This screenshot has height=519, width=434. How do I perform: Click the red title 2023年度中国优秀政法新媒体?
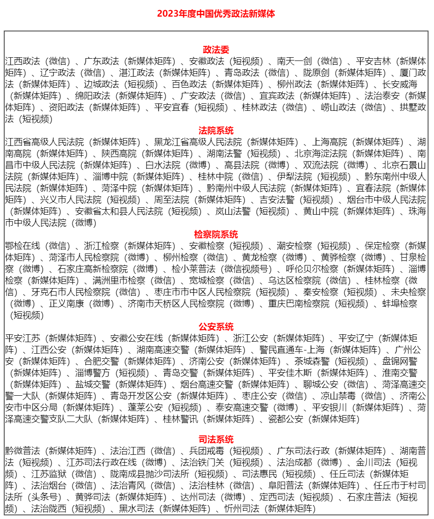(x=216, y=13)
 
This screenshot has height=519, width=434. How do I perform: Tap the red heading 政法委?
(x=216, y=50)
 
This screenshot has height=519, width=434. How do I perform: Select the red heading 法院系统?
(x=216, y=131)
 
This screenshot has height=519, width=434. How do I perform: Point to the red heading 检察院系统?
(x=216, y=235)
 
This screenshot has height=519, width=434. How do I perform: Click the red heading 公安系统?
(x=216, y=327)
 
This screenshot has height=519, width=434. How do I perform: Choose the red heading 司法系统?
(x=216, y=440)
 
